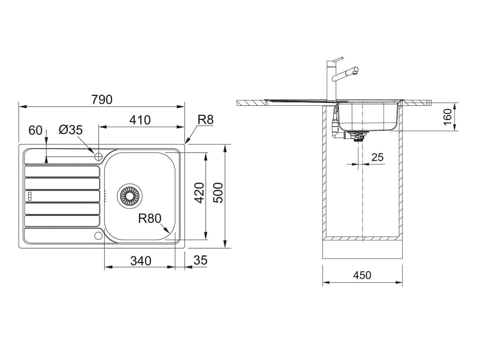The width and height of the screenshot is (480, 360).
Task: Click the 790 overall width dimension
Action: [102, 99]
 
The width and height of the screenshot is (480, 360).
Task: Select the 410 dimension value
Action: [140, 120]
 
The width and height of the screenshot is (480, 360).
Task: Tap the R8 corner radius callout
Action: [205, 120]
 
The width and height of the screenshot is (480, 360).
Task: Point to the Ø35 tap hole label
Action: [71, 130]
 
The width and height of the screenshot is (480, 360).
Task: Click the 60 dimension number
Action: [35, 130]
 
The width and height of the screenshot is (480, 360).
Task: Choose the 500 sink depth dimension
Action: [218, 193]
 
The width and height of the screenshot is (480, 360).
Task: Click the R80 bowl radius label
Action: [150, 218]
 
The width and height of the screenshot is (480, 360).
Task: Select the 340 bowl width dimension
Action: [141, 261]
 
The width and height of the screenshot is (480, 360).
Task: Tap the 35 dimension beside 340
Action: [200, 260]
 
